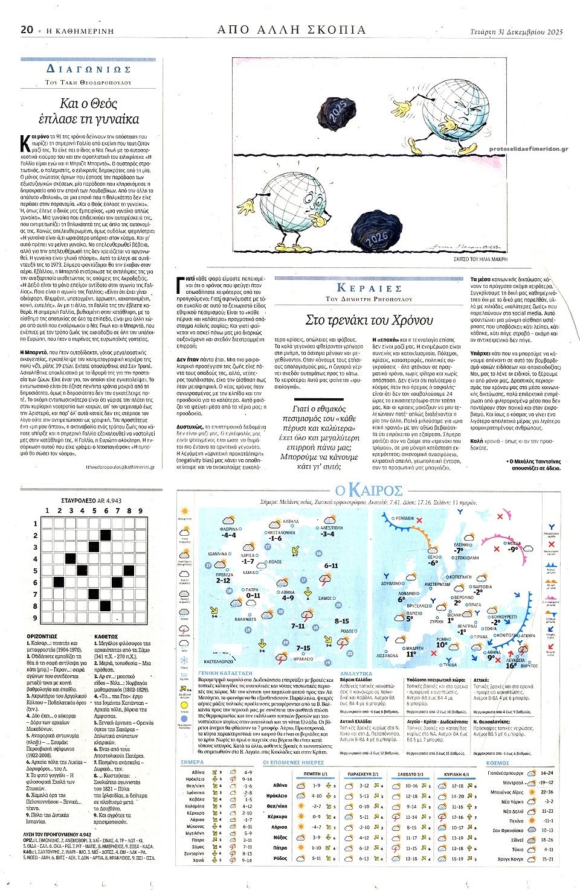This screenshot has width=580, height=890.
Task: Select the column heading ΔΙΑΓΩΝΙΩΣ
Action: click(88, 69)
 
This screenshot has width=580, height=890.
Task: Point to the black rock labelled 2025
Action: click(335, 112)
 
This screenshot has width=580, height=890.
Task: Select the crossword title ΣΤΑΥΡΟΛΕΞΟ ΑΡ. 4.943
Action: click(92, 500)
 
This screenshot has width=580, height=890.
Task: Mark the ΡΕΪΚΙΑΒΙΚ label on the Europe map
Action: click(405, 518)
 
